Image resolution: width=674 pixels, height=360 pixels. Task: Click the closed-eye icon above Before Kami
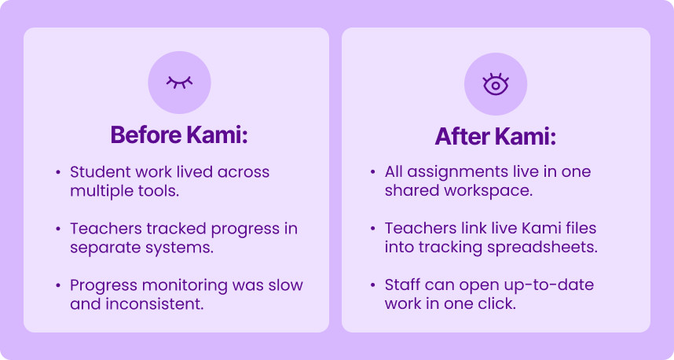(x=178, y=82)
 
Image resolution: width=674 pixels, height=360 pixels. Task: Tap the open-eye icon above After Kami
(x=496, y=83)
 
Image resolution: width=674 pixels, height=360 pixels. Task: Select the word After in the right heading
(x=462, y=137)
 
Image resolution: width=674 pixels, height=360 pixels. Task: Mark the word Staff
(x=402, y=285)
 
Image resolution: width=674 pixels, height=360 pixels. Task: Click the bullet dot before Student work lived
(x=57, y=172)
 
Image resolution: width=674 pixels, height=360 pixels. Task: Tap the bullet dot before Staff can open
(x=372, y=285)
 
